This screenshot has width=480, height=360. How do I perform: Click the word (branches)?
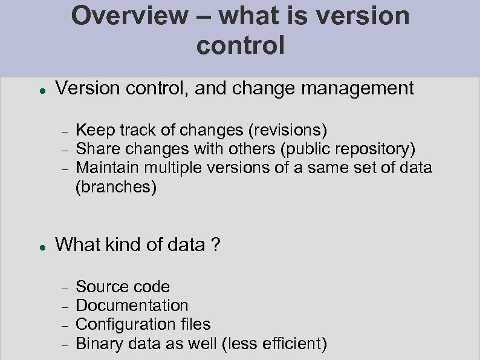point(116,188)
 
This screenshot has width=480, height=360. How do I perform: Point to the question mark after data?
point(216,245)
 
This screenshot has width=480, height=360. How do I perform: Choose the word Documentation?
point(132,306)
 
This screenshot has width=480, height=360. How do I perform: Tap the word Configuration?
point(126,325)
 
